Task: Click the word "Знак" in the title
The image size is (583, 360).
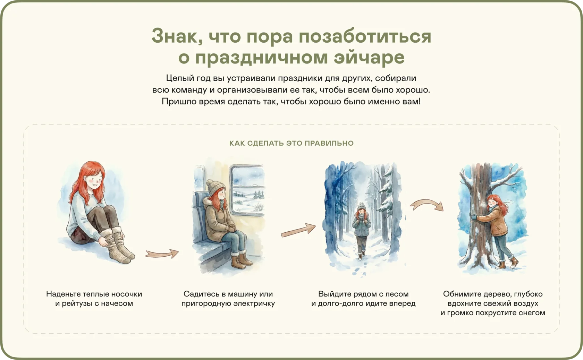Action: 177,36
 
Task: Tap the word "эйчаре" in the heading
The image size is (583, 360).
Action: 369,58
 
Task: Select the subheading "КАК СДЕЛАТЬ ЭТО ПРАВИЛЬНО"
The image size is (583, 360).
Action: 291,143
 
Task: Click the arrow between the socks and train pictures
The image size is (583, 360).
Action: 162,254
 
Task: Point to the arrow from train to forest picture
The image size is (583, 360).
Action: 298,230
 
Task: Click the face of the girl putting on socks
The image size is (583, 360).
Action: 94,178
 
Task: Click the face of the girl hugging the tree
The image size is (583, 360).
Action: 493,202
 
